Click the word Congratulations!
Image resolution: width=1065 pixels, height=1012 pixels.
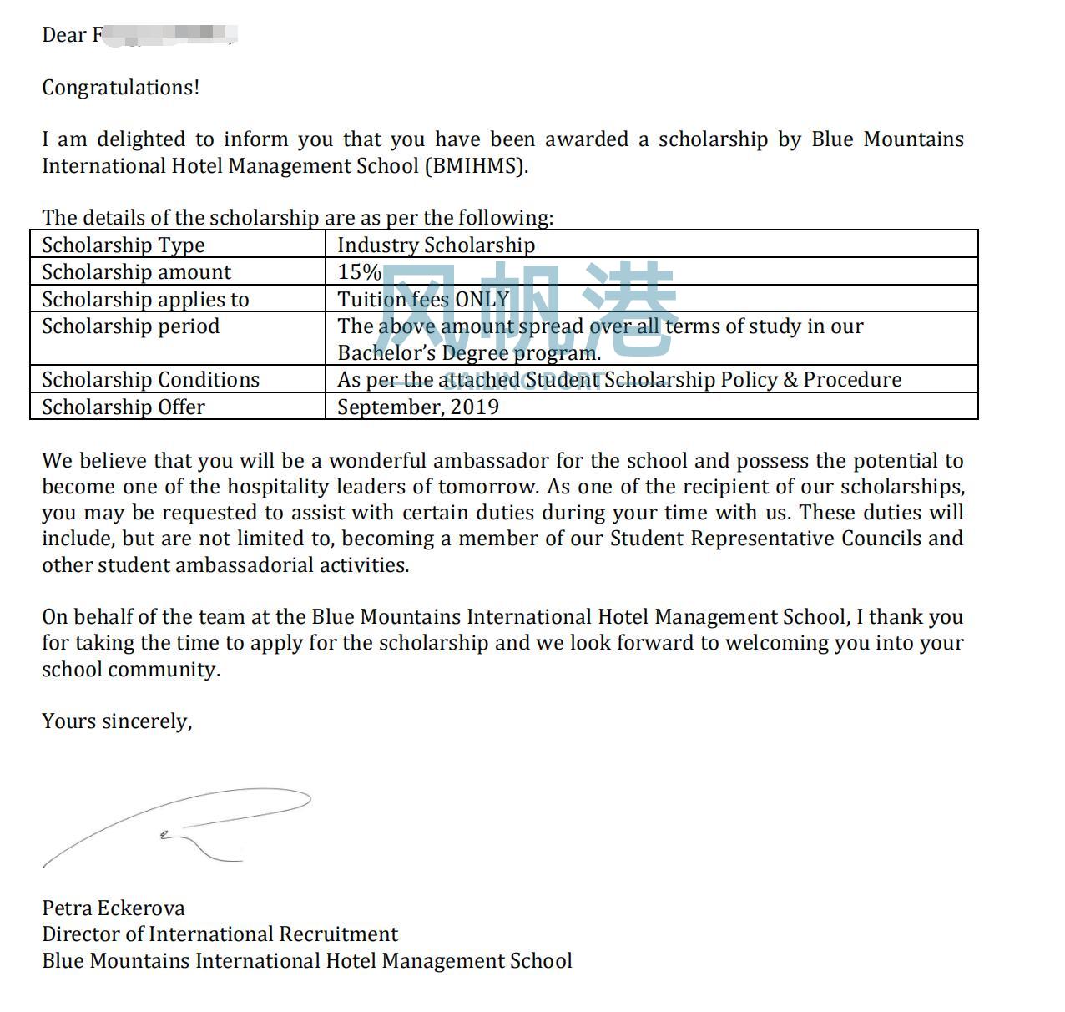121,88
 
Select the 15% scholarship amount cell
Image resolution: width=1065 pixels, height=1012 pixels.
359,272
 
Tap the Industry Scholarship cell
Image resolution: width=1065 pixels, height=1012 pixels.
436,245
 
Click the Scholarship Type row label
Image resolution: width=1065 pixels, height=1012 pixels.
124,245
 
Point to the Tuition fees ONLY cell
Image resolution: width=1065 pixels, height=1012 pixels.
423,299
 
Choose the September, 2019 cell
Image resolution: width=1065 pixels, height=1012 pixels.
418,407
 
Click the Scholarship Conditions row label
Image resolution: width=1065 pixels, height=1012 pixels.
150,380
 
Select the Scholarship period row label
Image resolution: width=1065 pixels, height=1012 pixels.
131,326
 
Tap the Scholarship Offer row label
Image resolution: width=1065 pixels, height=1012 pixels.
124,407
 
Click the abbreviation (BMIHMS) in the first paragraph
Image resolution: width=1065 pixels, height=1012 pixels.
476,165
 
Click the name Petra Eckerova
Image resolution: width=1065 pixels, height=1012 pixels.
114,908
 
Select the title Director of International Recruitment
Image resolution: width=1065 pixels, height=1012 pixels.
220,934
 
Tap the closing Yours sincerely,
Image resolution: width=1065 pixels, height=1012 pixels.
117,721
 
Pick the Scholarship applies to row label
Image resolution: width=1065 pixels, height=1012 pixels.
145,299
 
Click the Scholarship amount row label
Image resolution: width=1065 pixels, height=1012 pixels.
136,272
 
